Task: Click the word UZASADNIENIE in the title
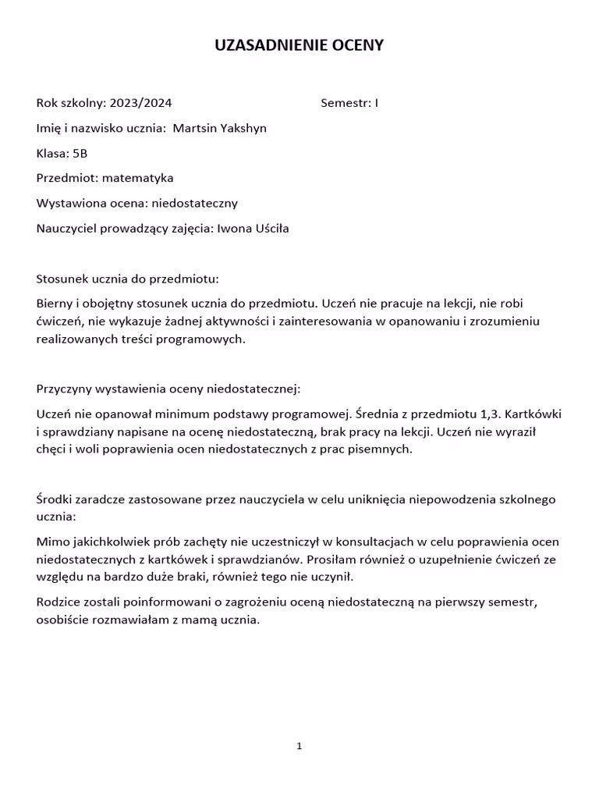[x=264, y=46]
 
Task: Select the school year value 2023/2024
[x=141, y=103]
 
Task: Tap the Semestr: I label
[x=349, y=103]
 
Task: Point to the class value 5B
[x=80, y=154]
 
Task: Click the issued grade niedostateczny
[x=194, y=204]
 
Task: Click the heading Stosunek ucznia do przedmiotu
[x=128, y=279]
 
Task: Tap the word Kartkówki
[x=533, y=413]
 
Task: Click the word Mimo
[x=51, y=542]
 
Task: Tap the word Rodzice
[x=58, y=602]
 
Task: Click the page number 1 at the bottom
[x=299, y=747]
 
